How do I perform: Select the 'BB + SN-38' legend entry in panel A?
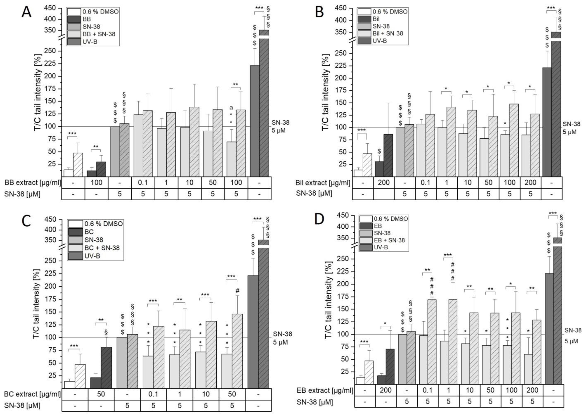point(99,34)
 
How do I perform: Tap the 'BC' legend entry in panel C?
point(89,232)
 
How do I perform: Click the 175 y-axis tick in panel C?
point(50,299)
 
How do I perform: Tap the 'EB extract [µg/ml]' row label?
point(325,390)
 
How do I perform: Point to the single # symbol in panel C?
point(237,291)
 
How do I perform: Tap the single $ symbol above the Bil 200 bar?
point(379,151)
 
